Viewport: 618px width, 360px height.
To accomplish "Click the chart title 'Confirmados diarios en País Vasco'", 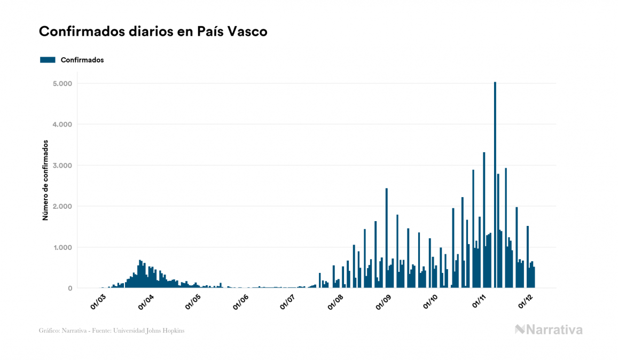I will point(153,32).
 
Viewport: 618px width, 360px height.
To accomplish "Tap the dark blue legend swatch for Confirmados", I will point(48,60).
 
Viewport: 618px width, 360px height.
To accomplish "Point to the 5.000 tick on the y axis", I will point(62,84).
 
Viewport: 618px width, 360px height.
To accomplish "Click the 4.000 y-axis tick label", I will point(62,124).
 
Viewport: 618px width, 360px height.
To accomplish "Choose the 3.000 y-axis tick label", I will point(62,166).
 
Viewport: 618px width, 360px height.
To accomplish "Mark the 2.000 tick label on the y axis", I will point(62,207).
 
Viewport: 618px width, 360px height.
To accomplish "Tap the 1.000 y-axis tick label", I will point(62,247).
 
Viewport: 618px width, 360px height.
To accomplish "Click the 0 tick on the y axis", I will point(69,288).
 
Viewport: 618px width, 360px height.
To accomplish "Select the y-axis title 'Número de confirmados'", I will point(45,181).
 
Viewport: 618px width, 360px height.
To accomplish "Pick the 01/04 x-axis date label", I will point(146,302).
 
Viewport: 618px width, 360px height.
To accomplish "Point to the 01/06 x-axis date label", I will point(240,302).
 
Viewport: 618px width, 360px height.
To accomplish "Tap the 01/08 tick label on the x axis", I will point(335,302).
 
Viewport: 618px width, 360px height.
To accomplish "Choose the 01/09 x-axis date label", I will point(384,302).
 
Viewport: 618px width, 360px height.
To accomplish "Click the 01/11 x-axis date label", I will point(478,302).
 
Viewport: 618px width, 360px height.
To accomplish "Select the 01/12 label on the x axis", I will point(525,302).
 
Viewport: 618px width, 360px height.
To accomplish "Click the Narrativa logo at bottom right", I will point(549,330).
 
